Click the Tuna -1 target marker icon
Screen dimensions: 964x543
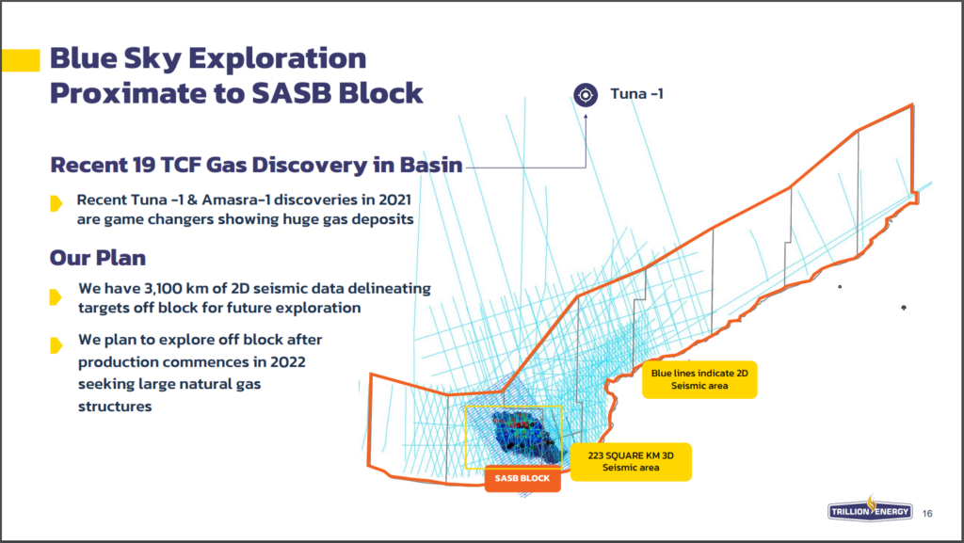click(x=586, y=95)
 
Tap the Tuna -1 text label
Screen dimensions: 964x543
click(x=636, y=94)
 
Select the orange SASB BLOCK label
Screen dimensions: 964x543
click(x=522, y=478)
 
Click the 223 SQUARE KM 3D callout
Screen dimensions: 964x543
click(x=631, y=461)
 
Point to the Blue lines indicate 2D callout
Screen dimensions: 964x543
click(x=699, y=379)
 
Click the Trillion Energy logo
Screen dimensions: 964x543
click(x=869, y=509)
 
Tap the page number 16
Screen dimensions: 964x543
click(x=927, y=514)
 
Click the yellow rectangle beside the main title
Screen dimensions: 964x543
click(x=21, y=60)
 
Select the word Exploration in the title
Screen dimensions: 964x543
click(x=278, y=59)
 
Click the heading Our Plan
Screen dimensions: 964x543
click(x=98, y=258)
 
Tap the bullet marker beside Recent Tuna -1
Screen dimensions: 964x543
click(x=56, y=203)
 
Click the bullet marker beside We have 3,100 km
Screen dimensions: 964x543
click(x=56, y=297)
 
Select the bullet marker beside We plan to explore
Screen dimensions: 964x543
click(x=56, y=345)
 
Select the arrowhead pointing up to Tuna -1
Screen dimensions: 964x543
click(x=586, y=116)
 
